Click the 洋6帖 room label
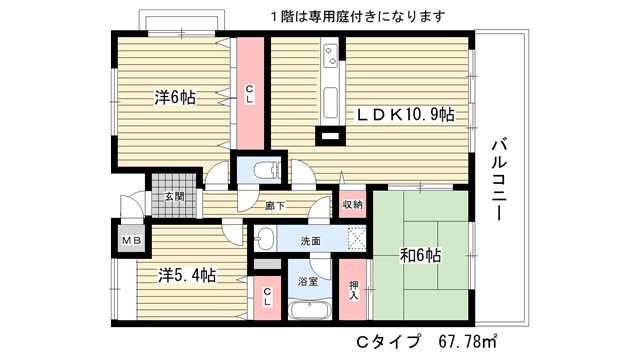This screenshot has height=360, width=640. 175,98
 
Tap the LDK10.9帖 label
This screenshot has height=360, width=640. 405,115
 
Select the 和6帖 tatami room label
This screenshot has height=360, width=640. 420,256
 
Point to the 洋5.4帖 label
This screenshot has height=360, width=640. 187,276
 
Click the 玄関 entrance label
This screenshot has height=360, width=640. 174,197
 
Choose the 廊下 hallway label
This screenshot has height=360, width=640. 275,206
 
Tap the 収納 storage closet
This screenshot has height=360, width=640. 353,204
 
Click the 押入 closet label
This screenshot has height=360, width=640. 353,290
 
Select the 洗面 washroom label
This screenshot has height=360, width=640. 310,241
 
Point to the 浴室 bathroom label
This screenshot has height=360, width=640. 308,281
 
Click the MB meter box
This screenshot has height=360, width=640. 132,241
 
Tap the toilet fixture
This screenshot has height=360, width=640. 267,170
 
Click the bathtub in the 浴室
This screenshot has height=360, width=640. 309,310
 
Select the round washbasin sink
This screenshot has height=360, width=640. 264,238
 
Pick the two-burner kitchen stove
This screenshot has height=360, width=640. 330,56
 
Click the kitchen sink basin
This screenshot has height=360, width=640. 330,102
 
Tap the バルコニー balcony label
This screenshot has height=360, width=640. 500,180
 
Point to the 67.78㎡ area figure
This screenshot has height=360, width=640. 468,341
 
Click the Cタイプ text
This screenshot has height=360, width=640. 388,341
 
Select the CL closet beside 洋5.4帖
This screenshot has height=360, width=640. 267,298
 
